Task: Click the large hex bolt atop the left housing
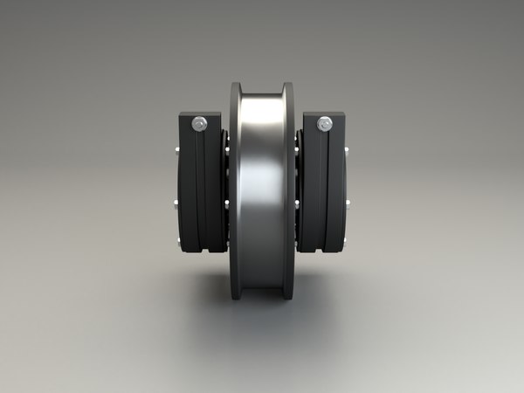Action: pos(201,124)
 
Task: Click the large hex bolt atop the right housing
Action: pos(324,124)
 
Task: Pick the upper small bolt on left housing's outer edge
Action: pos(177,154)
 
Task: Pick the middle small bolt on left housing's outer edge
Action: pos(176,206)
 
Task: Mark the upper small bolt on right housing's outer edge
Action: pos(347,154)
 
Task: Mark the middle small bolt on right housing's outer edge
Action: pos(348,206)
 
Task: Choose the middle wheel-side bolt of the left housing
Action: pos(226,203)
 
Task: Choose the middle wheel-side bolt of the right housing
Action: pos(298,203)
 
